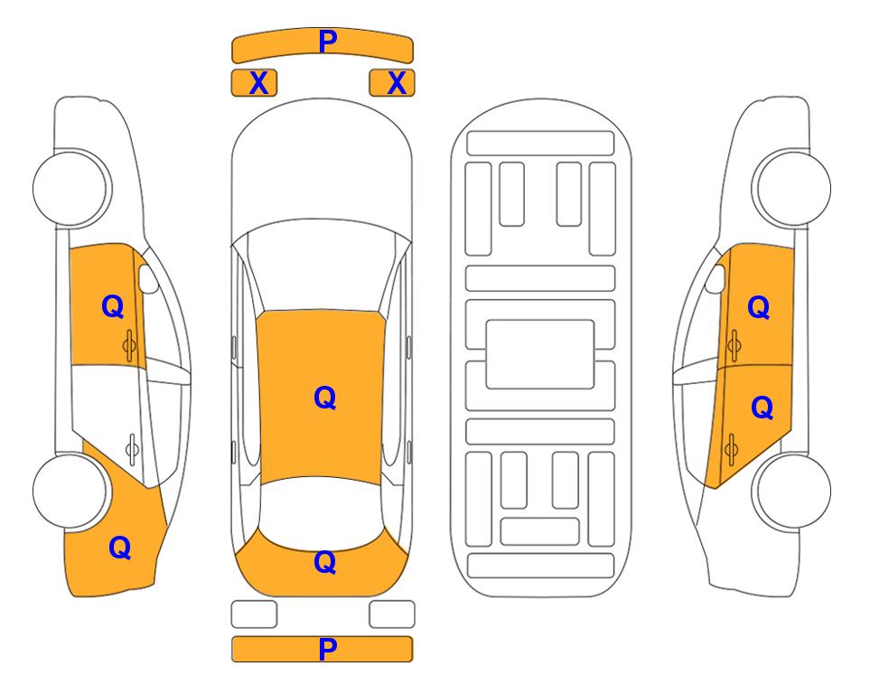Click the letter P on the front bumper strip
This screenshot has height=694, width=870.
pyautogui.click(x=328, y=42)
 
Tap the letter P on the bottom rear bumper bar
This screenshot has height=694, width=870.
pyautogui.click(x=327, y=649)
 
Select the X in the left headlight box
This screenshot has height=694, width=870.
pyautogui.click(x=258, y=83)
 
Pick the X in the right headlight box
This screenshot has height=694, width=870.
pyautogui.click(x=397, y=83)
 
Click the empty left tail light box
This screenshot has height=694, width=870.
pyautogui.click(x=254, y=614)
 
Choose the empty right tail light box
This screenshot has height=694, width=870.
pyautogui.click(x=392, y=614)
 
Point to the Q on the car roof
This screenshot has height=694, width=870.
pyautogui.click(x=325, y=399)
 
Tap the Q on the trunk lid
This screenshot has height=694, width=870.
pyautogui.click(x=325, y=562)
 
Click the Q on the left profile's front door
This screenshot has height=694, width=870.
pyautogui.click(x=113, y=306)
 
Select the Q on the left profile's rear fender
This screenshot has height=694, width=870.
pyautogui.click(x=120, y=548)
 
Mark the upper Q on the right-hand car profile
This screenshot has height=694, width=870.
pyautogui.click(x=759, y=307)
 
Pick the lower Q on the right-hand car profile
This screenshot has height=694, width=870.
pyautogui.click(x=762, y=408)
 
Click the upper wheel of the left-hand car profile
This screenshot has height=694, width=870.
pyautogui.click(x=71, y=189)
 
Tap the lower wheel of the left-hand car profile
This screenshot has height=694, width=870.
pyautogui.click(x=70, y=492)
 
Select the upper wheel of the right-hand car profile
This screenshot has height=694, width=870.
pyautogui.click(x=791, y=188)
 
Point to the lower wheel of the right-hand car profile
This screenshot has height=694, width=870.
pyautogui.click(x=792, y=492)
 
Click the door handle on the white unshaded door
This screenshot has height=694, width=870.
pyautogui.click(x=132, y=449)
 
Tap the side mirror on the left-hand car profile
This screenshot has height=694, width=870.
pyautogui.click(x=147, y=278)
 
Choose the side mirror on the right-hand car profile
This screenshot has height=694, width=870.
pyautogui.click(x=716, y=278)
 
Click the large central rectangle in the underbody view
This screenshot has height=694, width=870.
pyautogui.click(x=540, y=354)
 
